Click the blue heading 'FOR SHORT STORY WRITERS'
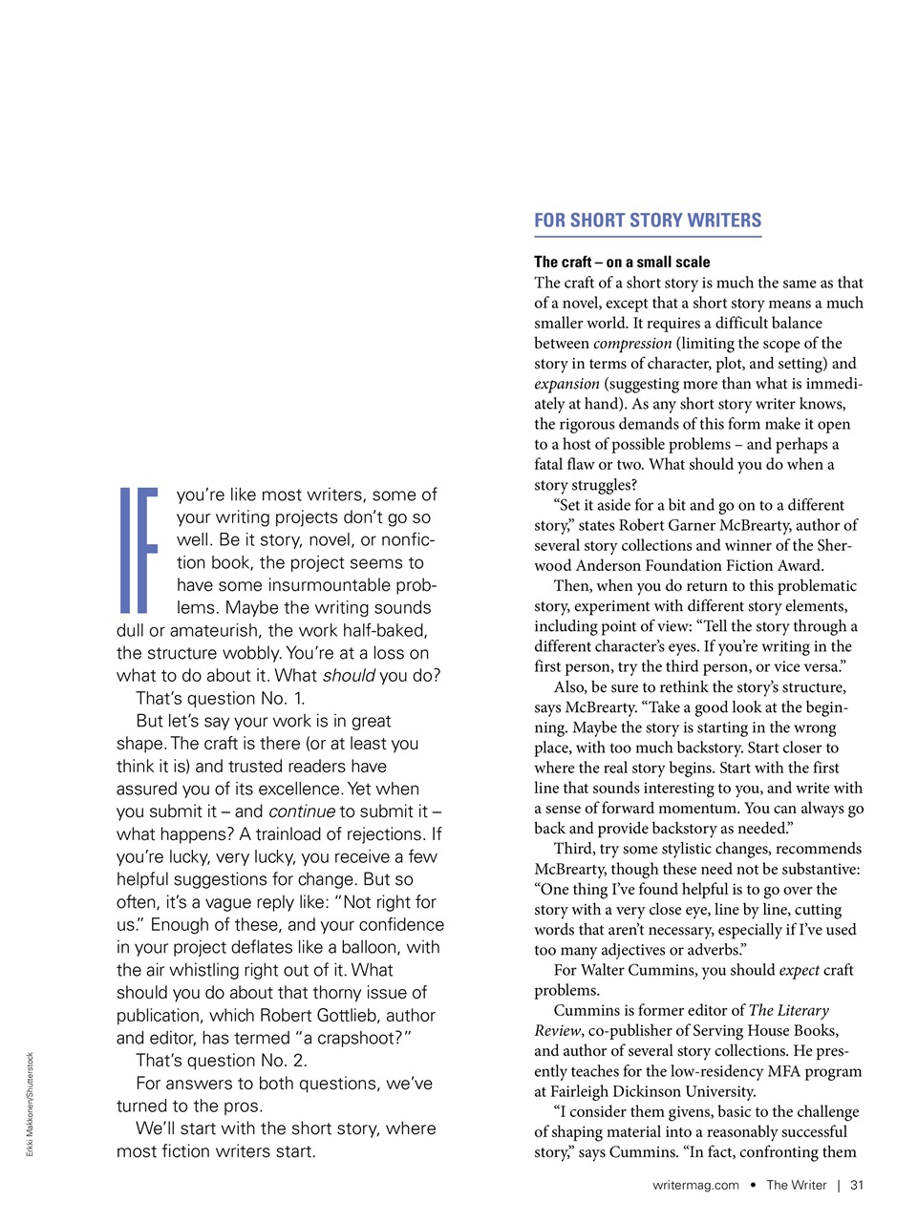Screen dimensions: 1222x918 click(647, 221)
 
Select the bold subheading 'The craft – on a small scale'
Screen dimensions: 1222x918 click(622, 262)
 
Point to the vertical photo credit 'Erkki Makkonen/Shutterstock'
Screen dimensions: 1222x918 click(30, 1104)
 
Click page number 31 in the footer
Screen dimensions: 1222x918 click(857, 1185)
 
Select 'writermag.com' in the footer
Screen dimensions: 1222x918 click(695, 1185)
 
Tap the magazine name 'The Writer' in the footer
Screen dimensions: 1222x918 click(796, 1185)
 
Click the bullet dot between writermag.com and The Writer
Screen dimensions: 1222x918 click(753, 1185)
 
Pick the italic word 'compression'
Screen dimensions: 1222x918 click(632, 344)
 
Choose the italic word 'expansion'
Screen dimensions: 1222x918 click(566, 384)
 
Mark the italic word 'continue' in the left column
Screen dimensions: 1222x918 click(302, 811)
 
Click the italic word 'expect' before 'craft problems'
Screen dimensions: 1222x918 click(799, 970)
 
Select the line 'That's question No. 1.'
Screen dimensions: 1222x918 click(220, 699)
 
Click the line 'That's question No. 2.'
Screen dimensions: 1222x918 click(221, 1061)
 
